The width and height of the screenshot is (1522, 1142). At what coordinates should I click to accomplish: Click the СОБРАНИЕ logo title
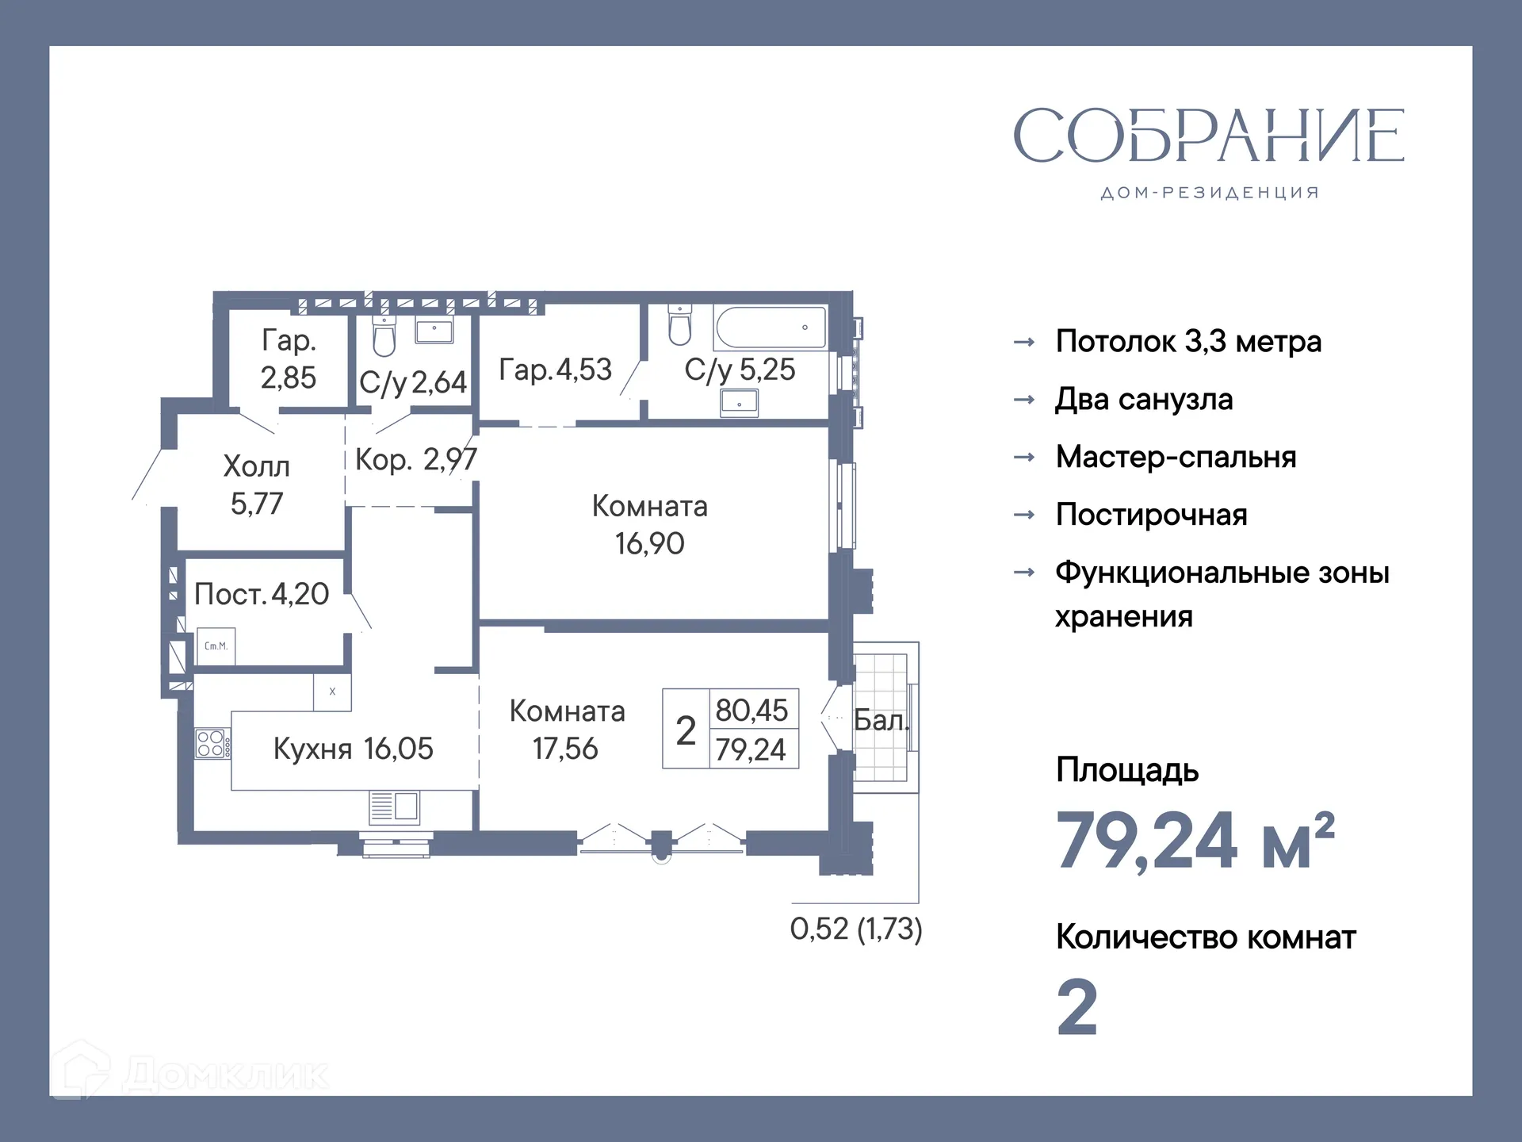pos(1208,136)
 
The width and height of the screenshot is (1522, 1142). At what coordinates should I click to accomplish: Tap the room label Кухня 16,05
pos(353,749)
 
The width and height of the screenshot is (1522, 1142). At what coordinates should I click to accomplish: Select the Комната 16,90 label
pos(649,524)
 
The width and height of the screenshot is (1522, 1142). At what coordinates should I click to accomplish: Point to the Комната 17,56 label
pos(566,730)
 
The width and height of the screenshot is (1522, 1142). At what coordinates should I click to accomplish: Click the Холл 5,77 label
pos(256,485)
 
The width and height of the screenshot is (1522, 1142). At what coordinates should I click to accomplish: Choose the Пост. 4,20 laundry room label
pos(261,594)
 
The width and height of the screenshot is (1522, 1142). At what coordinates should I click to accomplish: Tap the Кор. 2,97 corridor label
pos(415,459)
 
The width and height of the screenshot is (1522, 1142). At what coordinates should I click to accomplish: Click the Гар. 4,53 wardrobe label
pos(555,370)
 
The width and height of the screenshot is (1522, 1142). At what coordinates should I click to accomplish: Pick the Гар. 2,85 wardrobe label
pos(289,358)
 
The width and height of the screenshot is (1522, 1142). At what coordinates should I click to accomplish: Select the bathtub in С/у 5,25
pos(770,327)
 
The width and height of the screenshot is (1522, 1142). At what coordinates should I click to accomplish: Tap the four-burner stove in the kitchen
pos(212,744)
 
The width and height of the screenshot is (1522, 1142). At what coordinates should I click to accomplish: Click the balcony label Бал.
pos(880,720)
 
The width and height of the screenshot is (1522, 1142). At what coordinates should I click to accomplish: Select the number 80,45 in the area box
pos(751,710)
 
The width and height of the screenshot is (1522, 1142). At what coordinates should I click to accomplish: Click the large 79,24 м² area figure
pos(1195,841)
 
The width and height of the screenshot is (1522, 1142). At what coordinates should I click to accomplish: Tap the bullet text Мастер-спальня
pos(1176,457)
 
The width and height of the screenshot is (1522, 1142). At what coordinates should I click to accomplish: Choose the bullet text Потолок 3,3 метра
pos(1188,342)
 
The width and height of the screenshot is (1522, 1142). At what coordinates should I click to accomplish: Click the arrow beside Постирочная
pos(1024,515)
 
